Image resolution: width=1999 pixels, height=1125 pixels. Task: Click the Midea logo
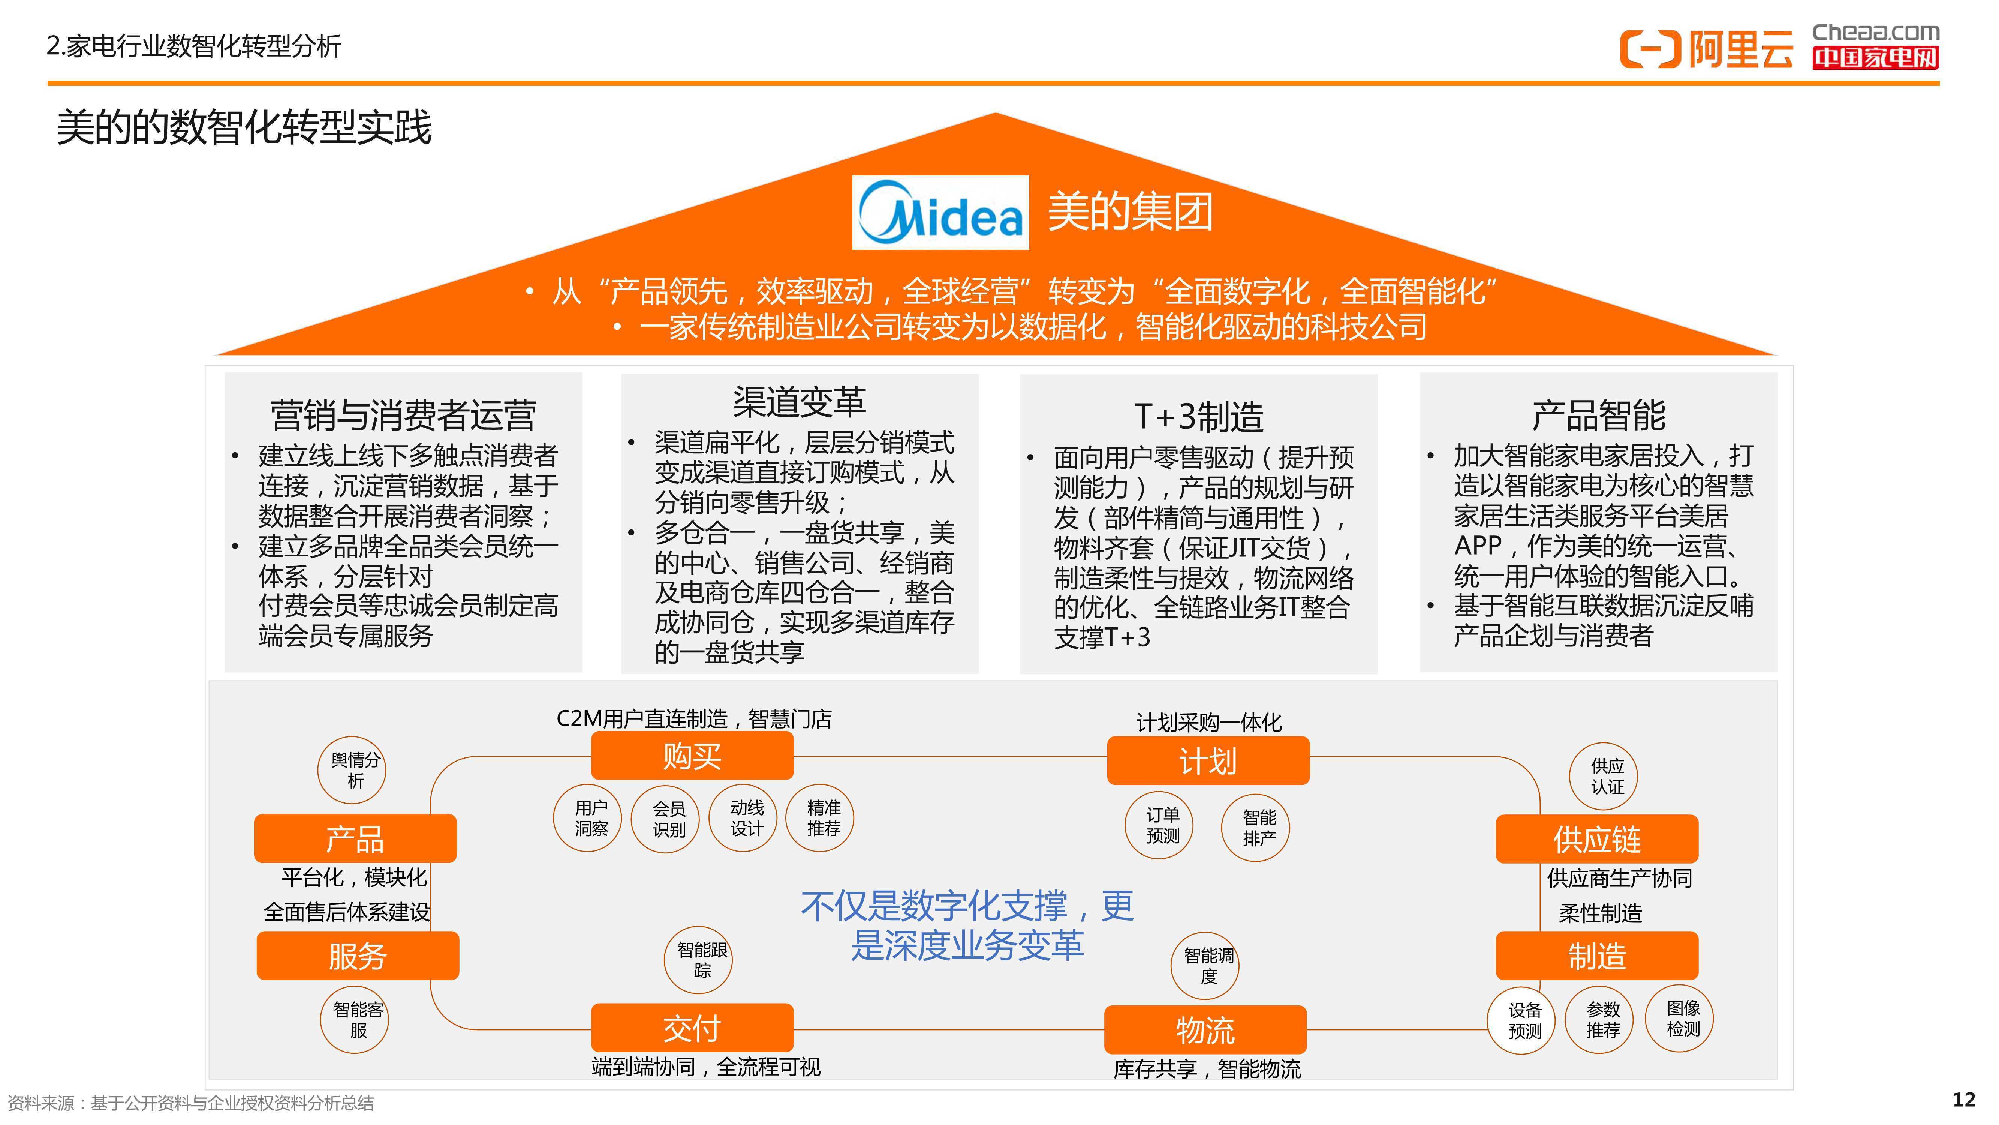(x=940, y=213)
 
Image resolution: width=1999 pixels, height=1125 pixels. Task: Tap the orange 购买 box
(x=692, y=755)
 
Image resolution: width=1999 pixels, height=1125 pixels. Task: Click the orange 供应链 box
(x=1597, y=838)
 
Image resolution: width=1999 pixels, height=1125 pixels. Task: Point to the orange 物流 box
(x=1205, y=1029)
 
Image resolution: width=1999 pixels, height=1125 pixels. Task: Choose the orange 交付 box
(x=692, y=1028)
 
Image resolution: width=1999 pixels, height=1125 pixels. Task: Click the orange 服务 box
(x=358, y=956)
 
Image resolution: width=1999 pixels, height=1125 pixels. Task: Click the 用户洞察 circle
(x=587, y=818)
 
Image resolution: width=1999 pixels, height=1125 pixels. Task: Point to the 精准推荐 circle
(x=820, y=818)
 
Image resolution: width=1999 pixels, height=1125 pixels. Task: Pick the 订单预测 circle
(x=1159, y=825)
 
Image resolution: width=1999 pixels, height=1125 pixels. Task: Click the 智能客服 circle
(x=355, y=1019)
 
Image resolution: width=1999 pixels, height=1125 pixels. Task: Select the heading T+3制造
(x=1199, y=416)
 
